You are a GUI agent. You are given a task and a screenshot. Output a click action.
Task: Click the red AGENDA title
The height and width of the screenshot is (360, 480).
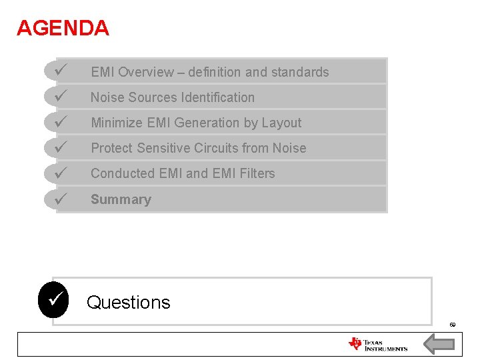point(63,28)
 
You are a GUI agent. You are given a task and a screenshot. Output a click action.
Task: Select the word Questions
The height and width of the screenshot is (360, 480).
point(129,303)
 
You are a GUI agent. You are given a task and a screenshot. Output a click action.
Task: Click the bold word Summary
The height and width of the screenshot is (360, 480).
point(121,199)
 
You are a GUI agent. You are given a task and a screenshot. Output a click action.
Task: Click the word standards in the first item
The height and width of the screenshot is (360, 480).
point(299,72)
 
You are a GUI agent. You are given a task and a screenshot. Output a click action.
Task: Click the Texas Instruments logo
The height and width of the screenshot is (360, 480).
point(377,344)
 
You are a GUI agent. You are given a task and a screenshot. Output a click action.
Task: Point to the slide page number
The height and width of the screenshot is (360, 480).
point(452,325)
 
